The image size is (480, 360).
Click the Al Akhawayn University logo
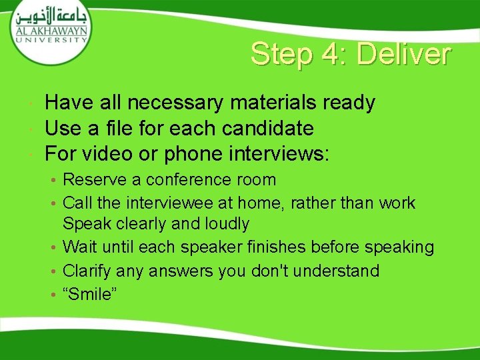tap(50, 27)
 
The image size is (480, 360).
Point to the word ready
tap(349, 104)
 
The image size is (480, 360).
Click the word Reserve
tap(92, 179)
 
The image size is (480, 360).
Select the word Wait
tap(79, 247)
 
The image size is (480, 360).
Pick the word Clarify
tap(87, 271)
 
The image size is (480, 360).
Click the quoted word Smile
tap(91, 295)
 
